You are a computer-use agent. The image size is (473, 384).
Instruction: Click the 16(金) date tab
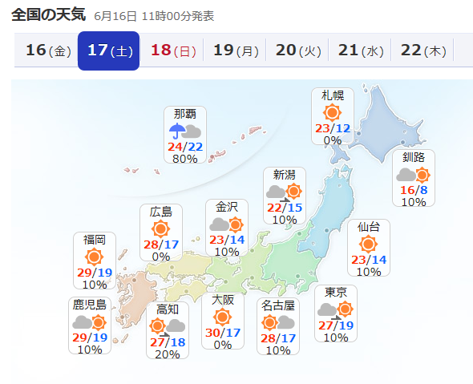[48, 51]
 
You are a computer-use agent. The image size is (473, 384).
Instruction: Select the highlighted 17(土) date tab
[109, 51]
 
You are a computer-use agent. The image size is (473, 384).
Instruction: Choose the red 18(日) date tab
[172, 51]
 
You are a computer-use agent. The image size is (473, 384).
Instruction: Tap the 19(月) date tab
[235, 51]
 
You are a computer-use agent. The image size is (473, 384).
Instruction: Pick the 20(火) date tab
[297, 51]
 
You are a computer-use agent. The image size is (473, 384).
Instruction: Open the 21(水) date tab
[360, 51]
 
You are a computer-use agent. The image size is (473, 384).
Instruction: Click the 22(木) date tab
[422, 51]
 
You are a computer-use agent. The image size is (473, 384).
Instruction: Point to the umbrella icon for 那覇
[176, 131]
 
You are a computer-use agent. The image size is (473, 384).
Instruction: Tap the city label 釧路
[414, 156]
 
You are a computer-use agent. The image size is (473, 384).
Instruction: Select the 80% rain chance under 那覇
[185, 159]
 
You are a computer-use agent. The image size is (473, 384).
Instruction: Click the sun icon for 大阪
[223, 317]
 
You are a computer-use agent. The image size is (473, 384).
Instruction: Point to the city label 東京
[335, 291]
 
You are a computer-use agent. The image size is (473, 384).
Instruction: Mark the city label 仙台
[369, 227]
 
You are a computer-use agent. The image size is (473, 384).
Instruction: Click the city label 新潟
[284, 174]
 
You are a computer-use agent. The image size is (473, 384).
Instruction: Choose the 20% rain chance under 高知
[168, 354]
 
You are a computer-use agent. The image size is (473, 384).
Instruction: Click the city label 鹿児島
[89, 305]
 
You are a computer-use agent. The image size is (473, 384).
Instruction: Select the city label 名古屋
[277, 305]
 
